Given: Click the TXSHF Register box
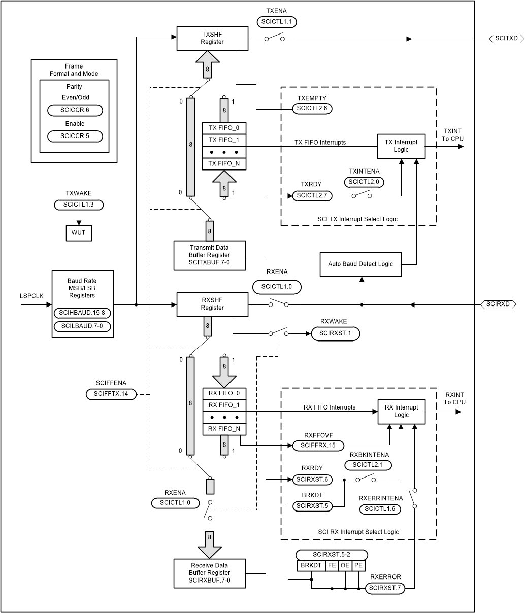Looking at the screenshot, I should click(x=212, y=39).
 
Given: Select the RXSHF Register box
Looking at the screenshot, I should click(x=212, y=304).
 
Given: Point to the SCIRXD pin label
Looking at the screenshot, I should click(x=498, y=304).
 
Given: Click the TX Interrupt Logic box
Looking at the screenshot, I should click(x=401, y=146).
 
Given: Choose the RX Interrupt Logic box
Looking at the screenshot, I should click(x=401, y=411).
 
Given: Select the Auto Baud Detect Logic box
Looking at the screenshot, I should click(x=360, y=264).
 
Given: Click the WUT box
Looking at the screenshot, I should click(x=78, y=232).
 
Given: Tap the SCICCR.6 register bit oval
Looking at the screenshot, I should click(x=75, y=110).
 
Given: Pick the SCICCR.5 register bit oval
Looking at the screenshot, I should click(x=75, y=136).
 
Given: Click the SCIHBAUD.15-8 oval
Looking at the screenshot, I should click(x=82, y=313).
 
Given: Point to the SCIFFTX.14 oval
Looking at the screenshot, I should click(x=111, y=394).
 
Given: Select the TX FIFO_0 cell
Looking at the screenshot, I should click(x=224, y=128).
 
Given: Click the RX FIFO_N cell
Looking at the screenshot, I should click(x=224, y=429).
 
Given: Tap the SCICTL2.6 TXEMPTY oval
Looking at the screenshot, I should click(x=312, y=109).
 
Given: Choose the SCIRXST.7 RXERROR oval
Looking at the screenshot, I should click(x=384, y=588).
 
